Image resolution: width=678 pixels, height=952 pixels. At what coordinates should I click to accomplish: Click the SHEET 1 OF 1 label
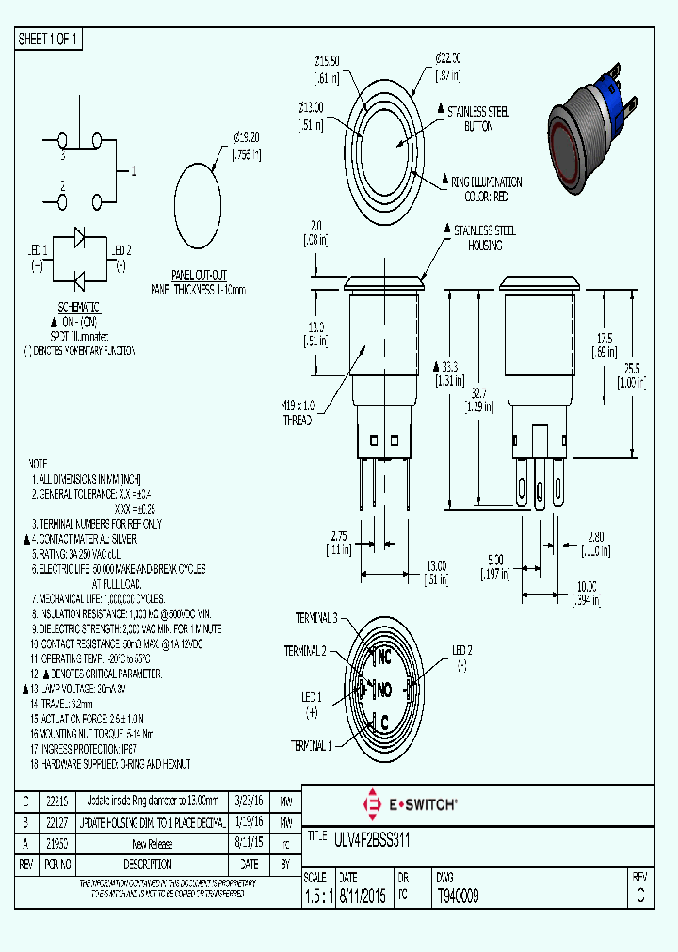coord(48,39)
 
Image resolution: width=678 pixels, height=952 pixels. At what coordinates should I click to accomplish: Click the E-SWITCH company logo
coord(411,804)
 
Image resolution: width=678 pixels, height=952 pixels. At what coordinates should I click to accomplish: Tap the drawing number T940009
coord(459,896)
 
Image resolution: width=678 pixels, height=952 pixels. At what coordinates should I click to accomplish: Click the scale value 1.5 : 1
coord(319,896)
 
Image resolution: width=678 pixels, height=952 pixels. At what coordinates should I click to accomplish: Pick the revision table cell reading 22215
coord(57,801)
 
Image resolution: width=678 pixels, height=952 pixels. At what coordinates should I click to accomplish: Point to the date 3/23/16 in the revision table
coord(249,801)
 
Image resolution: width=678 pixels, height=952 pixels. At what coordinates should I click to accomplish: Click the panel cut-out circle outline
coord(200,205)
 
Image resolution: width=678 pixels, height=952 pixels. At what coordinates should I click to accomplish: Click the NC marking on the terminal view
coord(383,657)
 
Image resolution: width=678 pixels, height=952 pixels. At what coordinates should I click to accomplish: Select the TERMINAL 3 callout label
coord(316,618)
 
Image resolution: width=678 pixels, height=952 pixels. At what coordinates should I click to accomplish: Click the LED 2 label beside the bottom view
coord(462,650)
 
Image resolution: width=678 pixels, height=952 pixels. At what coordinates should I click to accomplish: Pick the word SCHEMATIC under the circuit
coord(79,308)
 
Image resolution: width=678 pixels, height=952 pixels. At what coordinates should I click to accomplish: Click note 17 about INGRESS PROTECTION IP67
coord(95,749)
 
